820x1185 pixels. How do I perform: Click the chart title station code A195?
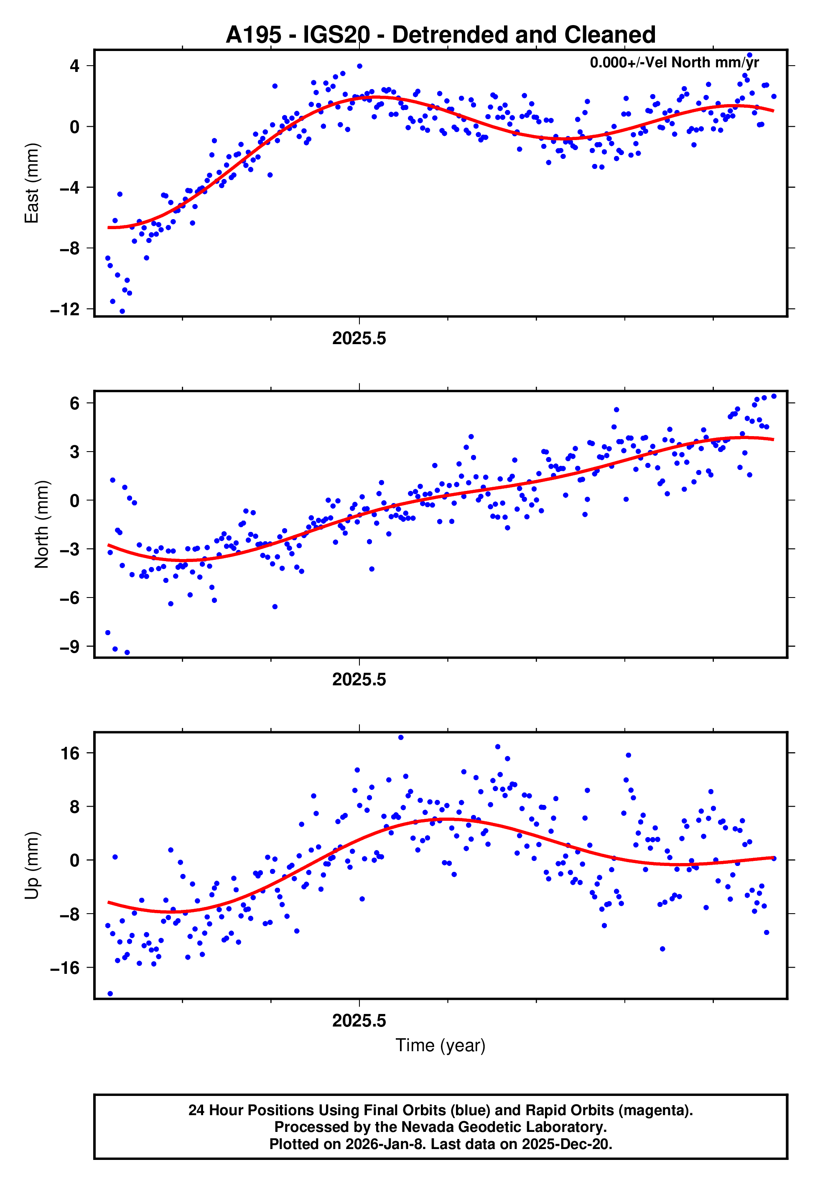[253, 35]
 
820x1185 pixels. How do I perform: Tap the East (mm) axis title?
[32, 183]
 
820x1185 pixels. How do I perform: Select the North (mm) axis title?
[41, 524]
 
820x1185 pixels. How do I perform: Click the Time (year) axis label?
[441, 1045]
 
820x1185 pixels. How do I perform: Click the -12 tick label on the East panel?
[65, 309]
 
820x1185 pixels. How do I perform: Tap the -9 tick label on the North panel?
[69, 646]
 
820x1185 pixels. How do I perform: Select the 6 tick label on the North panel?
[75, 404]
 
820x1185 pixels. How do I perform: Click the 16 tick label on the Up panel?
[70, 754]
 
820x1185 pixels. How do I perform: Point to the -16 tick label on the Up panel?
[65, 968]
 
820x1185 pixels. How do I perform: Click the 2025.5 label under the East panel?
[359, 339]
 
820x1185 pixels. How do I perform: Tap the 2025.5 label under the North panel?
[359, 680]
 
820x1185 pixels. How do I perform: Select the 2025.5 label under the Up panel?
[359, 1021]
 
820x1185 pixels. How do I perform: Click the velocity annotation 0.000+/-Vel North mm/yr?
[674, 63]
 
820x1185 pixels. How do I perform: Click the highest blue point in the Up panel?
[401, 738]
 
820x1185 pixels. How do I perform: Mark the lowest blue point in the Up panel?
[110, 994]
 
